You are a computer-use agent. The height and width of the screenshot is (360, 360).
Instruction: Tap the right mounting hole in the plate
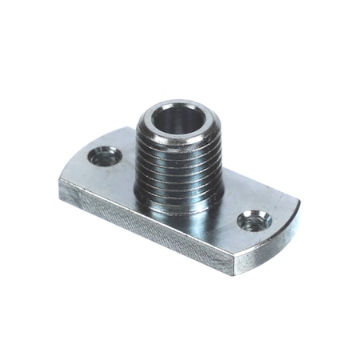(255, 218)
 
